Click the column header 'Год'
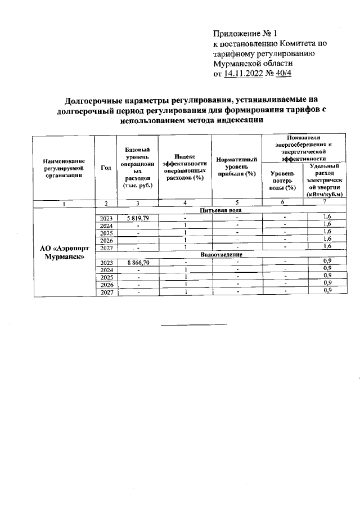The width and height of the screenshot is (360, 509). click(x=105, y=167)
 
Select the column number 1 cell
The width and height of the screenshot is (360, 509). click(x=64, y=203)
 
